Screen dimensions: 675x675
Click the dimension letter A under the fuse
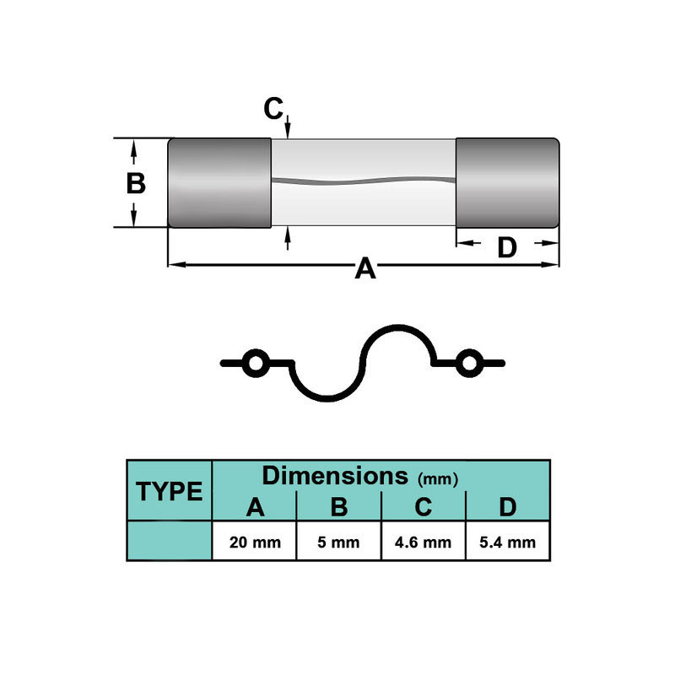pyautogui.click(x=364, y=268)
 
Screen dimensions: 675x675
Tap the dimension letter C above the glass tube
pyautogui.click(x=273, y=109)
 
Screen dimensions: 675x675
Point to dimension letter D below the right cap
pyautogui.click(x=506, y=247)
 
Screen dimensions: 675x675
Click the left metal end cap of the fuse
pyautogui.click(x=219, y=182)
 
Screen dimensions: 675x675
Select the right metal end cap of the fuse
pyautogui.click(x=507, y=182)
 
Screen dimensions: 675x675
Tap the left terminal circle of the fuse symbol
pyautogui.click(x=253, y=364)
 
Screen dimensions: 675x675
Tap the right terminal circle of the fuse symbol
pyautogui.click(x=468, y=364)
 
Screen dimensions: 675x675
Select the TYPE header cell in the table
pyautogui.click(x=170, y=491)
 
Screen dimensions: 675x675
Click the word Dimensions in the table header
pyautogui.click(x=336, y=475)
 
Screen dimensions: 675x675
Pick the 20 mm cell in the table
pyautogui.click(x=255, y=542)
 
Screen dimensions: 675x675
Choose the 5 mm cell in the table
pyautogui.click(x=339, y=542)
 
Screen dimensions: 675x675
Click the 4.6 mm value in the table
pyautogui.click(x=424, y=542)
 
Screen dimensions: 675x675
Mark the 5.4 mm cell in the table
pyautogui.click(x=507, y=542)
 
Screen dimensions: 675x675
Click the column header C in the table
pyautogui.click(x=424, y=507)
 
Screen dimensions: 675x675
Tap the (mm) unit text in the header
pyautogui.click(x=438, y=479)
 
